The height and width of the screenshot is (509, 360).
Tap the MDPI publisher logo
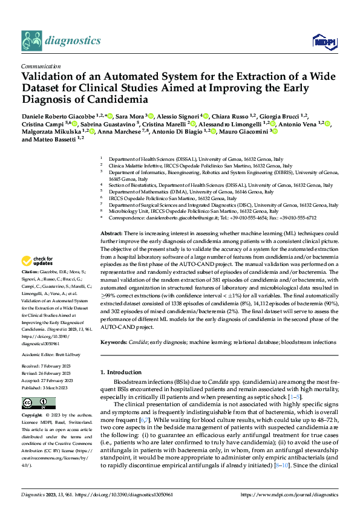pyautogui.click(x=322, y=41)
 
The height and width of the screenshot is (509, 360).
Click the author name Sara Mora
pyautogui.click(x=129, y=115)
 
